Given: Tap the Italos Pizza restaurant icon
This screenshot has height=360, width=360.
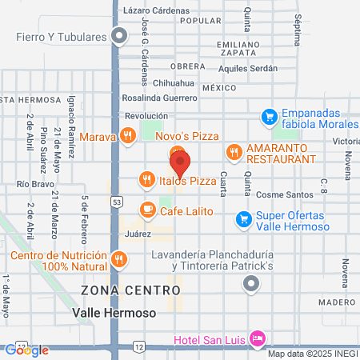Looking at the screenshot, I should pos(146,180).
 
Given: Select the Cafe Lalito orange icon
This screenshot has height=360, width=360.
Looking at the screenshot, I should pos(146,210).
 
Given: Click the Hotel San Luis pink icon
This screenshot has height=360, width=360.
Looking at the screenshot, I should pos(257,338).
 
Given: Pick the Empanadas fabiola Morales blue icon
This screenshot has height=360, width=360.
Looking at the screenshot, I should pos(270,117).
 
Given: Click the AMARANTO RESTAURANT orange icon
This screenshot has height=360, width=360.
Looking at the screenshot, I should pos(234,150).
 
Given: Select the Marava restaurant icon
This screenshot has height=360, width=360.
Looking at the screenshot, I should pos(127,136).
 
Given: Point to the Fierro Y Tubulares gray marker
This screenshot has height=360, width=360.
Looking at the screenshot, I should pos(120,35).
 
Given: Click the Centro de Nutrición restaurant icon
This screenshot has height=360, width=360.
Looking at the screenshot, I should pos(119,258).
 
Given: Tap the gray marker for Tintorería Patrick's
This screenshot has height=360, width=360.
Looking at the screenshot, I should pos(252,282).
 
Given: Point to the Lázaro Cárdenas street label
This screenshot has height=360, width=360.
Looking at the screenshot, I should pos(158,11).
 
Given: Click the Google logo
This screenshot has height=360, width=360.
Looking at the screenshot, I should pos(27,349).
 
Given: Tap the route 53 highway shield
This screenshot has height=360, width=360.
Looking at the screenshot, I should pos(117,201).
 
